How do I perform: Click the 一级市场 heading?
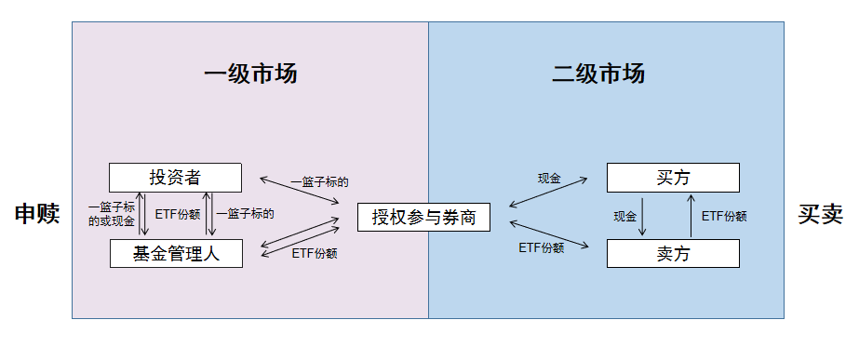250,74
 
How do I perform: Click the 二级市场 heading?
597,74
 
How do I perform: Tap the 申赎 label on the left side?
36,215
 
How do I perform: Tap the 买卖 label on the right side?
820,215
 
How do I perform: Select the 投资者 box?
175,178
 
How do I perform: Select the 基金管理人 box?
176,253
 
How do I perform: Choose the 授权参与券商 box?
423,218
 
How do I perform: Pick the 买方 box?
673,178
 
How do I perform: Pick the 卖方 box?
673,253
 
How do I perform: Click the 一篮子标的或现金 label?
111,215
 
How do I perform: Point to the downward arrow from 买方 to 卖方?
644,215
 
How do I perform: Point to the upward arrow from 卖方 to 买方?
690,215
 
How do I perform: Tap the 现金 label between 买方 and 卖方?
624,216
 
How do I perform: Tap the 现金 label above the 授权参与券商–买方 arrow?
549,178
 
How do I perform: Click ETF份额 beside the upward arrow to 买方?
724,216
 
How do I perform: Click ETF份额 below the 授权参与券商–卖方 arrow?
541,248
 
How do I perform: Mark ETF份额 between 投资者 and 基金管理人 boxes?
177,213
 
